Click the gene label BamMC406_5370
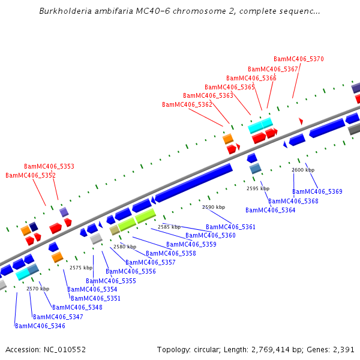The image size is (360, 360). point(298,59)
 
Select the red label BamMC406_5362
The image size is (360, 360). point(187,105)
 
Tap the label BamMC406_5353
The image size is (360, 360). point(49,166)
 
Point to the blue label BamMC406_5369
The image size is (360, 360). point(317,191)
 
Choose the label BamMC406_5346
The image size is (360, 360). point(40,326)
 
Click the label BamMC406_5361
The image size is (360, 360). point(230,227)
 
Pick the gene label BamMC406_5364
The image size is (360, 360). point(270,210)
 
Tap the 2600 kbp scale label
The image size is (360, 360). point(303,170)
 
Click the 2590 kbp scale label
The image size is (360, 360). point(214,207)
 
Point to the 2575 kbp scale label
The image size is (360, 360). point(81,268)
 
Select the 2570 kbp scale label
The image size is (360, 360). point(37,289)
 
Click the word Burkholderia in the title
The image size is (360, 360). point(67,11)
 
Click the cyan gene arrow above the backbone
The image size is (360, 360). point(260,125)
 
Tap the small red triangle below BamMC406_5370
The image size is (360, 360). point(301,121)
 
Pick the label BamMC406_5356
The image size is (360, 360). point(131,271)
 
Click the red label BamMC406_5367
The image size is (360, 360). point(273,69)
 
